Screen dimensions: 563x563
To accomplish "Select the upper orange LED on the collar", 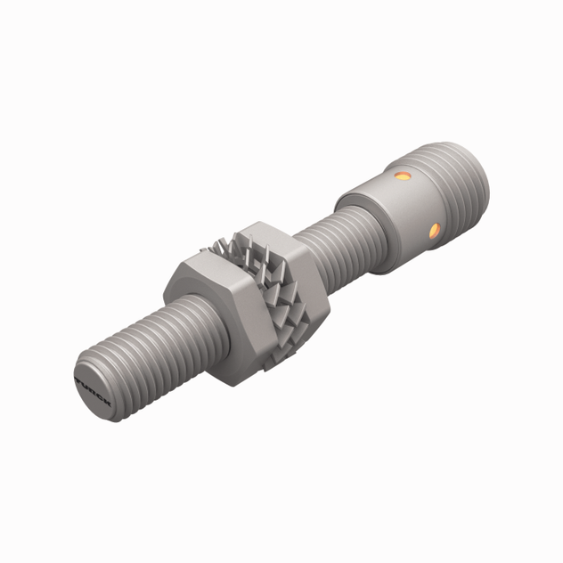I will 403,175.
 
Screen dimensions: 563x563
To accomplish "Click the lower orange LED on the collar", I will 435,230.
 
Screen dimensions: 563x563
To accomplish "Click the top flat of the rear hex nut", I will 267,233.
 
